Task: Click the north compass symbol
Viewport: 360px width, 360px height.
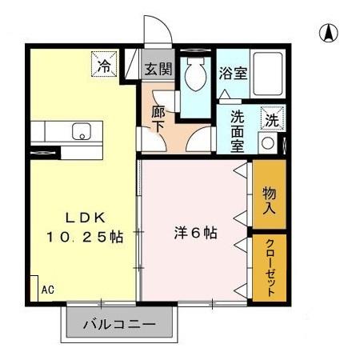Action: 328,33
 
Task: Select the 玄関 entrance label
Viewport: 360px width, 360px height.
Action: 158,69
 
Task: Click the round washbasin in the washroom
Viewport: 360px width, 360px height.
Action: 268,145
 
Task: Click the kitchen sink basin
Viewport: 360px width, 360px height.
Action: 82,132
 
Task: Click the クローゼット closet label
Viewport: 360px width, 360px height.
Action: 270,267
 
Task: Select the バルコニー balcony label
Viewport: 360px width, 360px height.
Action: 120,326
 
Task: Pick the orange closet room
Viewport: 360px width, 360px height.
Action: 270,267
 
